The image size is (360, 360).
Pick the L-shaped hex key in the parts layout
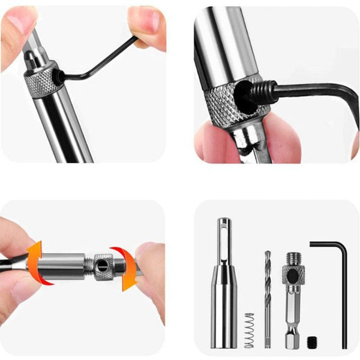coord(343,294)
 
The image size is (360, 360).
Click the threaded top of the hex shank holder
coord(293,259)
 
